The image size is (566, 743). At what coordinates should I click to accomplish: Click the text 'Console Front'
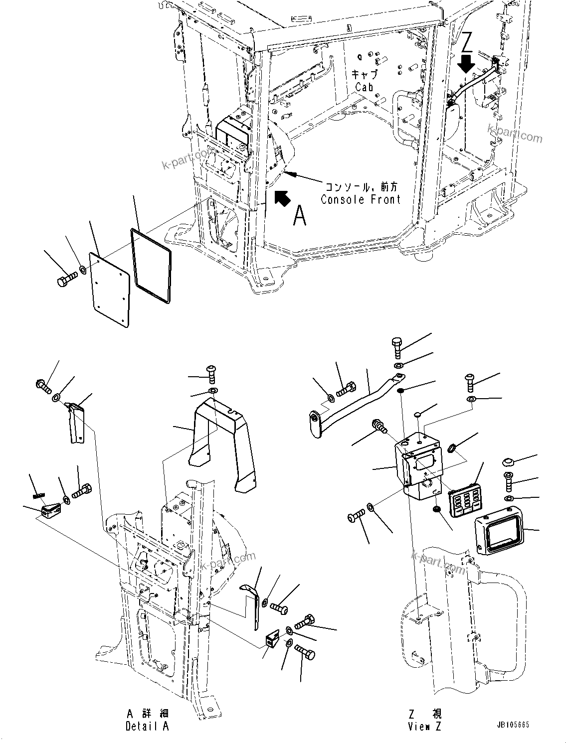coord(361,199)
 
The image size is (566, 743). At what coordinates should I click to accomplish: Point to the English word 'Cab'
coord(364,87)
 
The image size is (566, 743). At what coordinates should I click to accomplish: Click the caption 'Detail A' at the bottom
coord(147,726)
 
